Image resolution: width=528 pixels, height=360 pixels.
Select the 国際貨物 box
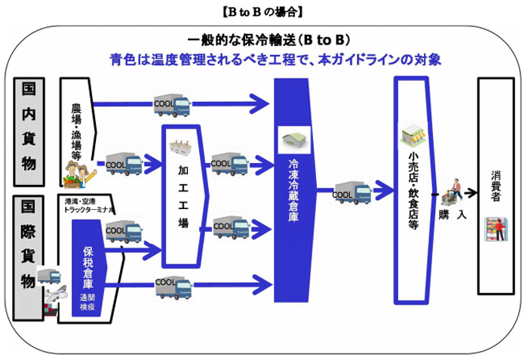28,245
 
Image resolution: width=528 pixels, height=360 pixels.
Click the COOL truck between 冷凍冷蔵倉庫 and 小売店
351,192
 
